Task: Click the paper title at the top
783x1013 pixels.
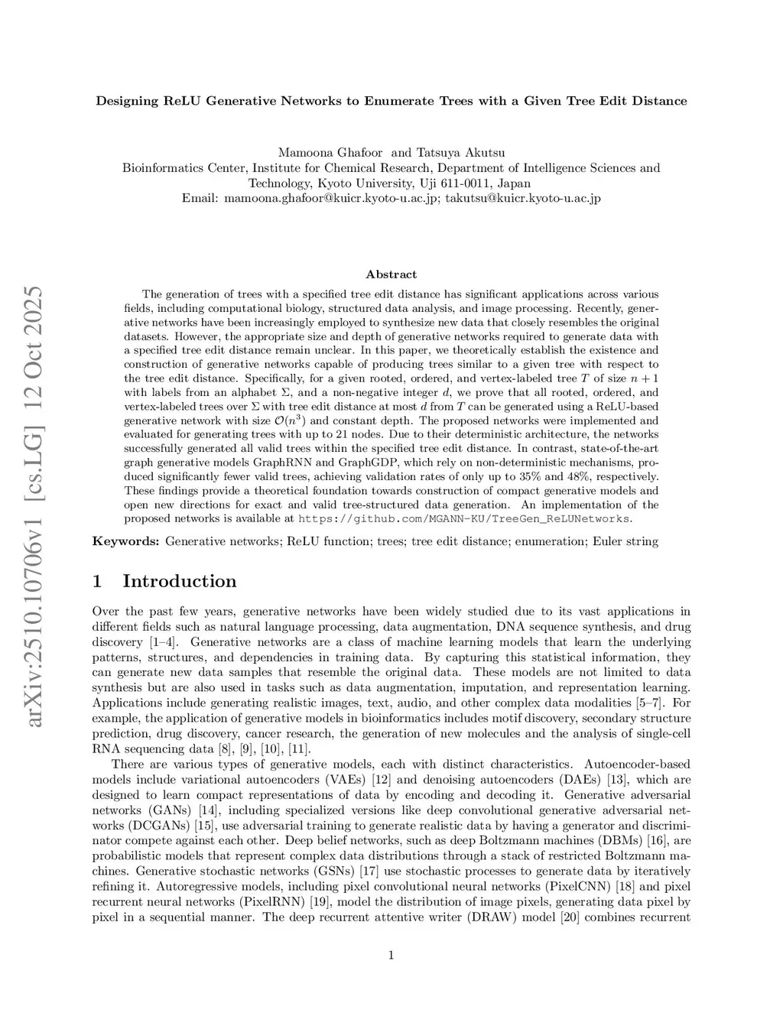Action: tap(391, 101)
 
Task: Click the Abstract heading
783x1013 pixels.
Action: tap(391, 274)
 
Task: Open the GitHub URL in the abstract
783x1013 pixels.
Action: tap(464, 519)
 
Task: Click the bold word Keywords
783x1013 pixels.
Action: tap(125, 541)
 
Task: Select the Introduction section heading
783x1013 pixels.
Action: tap(179, 581)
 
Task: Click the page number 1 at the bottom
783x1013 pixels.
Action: tap(391, 955)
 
